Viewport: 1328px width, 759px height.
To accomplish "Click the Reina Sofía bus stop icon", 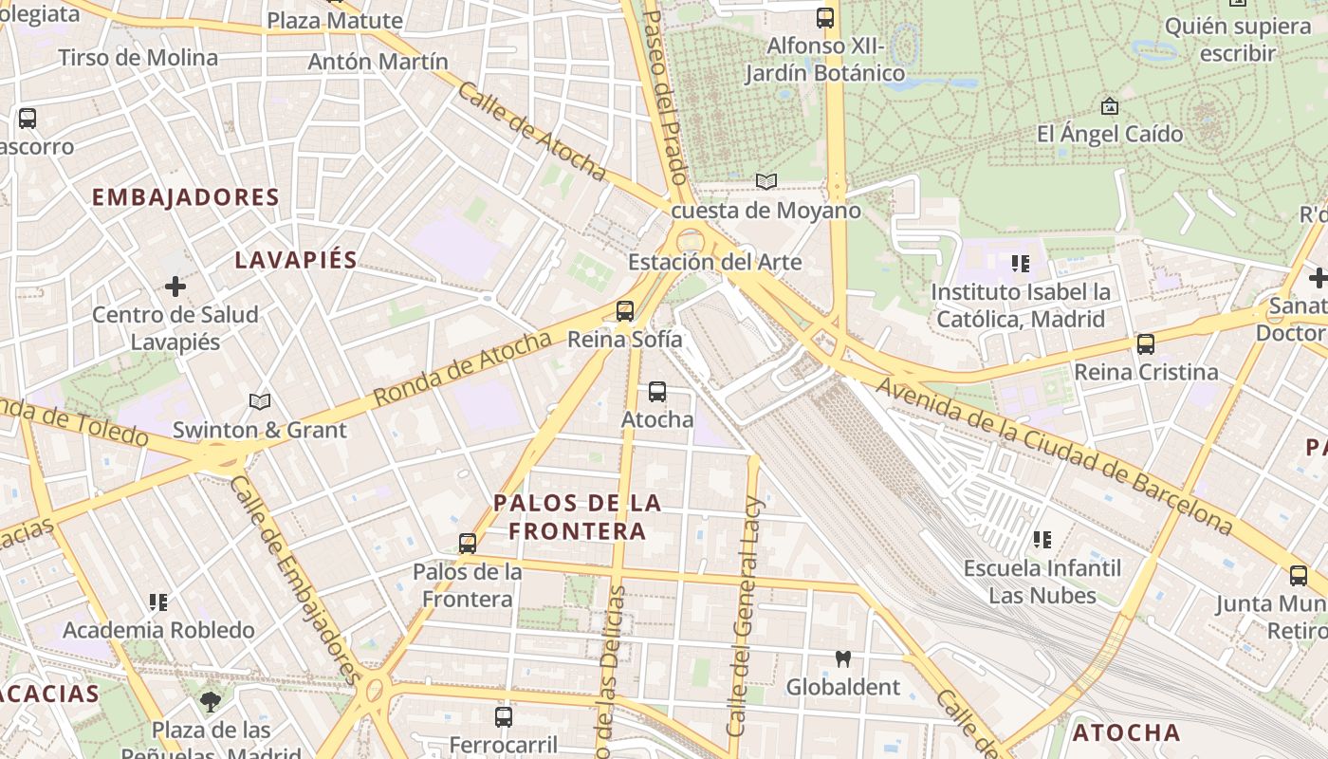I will click(x=624, y=310).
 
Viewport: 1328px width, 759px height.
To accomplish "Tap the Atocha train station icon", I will click(x=656, y=391).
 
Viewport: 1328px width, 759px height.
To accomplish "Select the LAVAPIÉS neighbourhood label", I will click(x=296, y=260).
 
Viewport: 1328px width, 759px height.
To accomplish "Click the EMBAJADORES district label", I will click(x=186, y=197).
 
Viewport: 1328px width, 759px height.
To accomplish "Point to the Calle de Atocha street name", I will click(x=531, y=131).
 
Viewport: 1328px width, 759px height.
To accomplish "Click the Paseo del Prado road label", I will click(x=666, y=95).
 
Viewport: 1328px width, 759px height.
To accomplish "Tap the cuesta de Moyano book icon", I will click(x=765, y=181).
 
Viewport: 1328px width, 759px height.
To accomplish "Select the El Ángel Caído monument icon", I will click(x=1109, y=105).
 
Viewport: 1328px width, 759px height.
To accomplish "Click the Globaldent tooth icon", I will click(x=842, y=658).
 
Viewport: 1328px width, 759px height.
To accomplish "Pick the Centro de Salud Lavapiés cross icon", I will click(x=175, y=286).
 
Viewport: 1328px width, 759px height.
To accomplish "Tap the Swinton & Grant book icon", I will click(x=259, y=401).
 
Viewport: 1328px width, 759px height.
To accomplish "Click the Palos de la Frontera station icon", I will click(x=467, y=544).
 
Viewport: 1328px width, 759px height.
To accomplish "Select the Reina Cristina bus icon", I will click(x=1145, y=343).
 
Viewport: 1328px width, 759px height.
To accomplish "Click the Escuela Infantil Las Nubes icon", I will click(x=1042, y=540).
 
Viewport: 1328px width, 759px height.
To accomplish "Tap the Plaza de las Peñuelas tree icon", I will click(x=211, y=702).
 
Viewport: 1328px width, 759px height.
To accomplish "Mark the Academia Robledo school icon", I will click(x=158, y=602).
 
